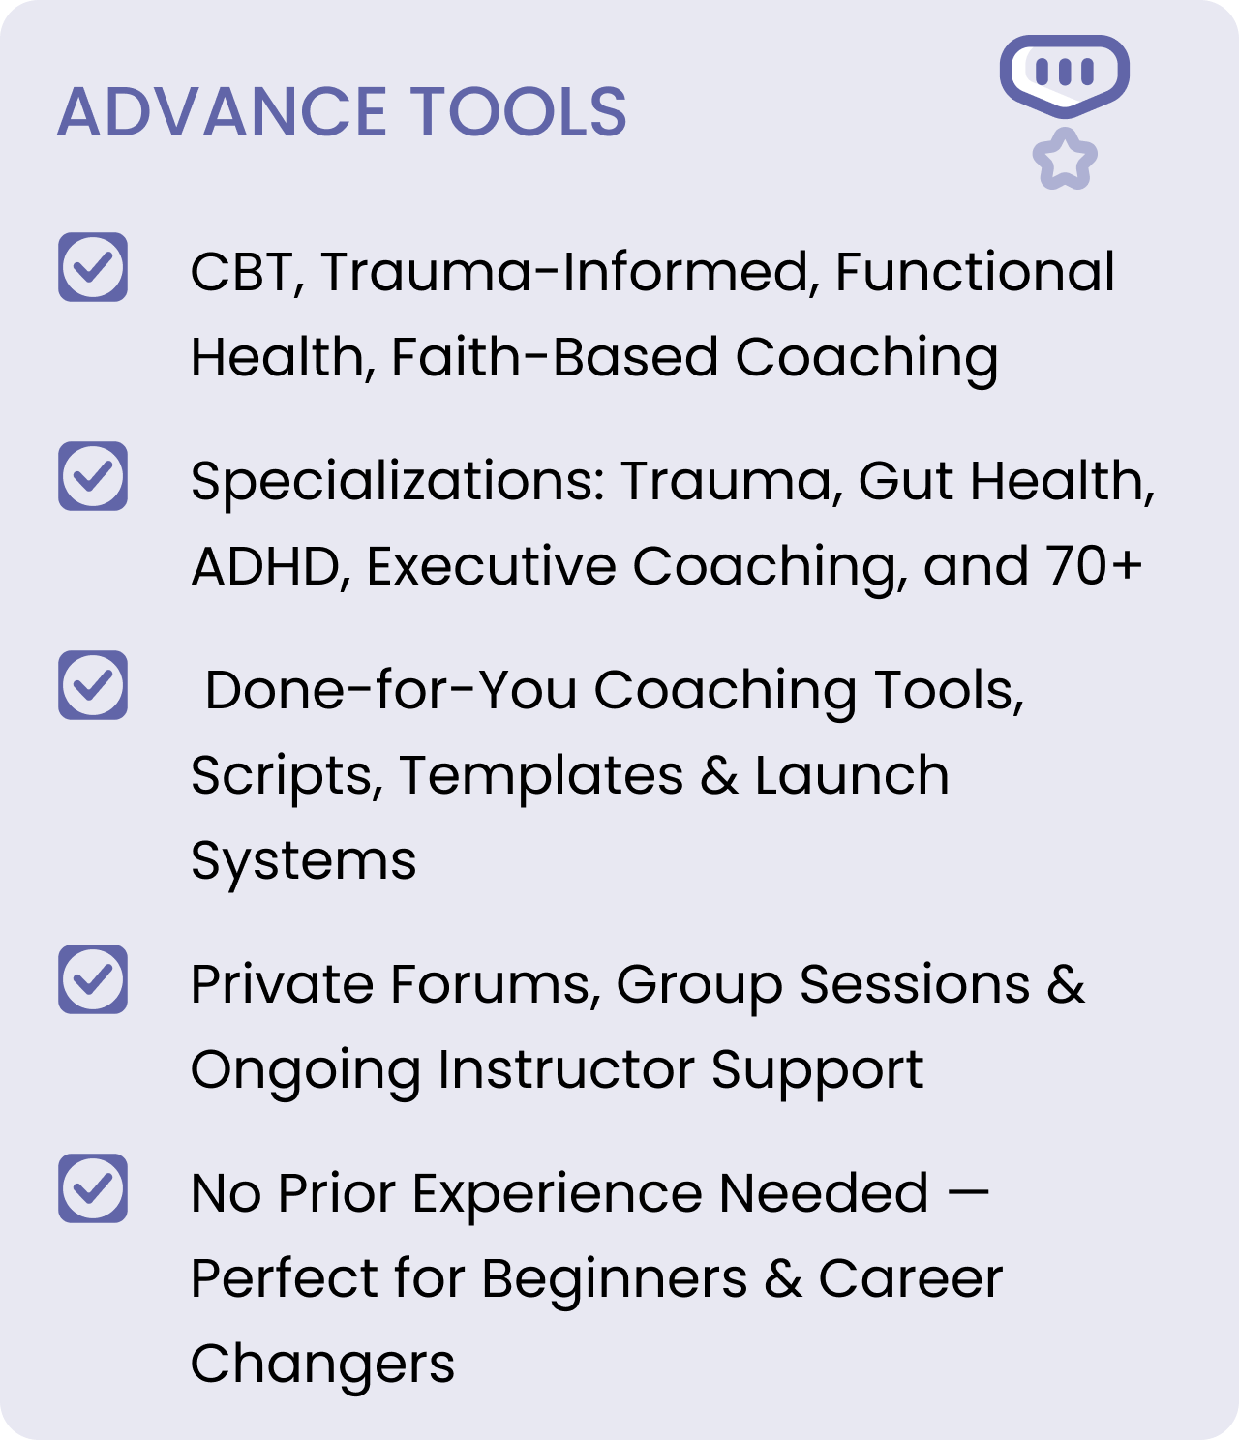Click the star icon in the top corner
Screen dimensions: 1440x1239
[1065, 159]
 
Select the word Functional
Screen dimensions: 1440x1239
[974, 272]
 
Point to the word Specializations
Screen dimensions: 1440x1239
[397, 482]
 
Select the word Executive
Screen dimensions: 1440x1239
[490, 566]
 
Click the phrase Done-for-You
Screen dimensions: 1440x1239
[391, 691]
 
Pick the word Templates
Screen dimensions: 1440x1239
[541, 776]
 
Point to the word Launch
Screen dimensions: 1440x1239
[852, 776]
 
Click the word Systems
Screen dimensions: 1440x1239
[303, 862]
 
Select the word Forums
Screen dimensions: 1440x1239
[490, 985]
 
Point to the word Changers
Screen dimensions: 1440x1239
[322, 1365]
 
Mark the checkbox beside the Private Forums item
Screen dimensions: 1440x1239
[92, 979]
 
